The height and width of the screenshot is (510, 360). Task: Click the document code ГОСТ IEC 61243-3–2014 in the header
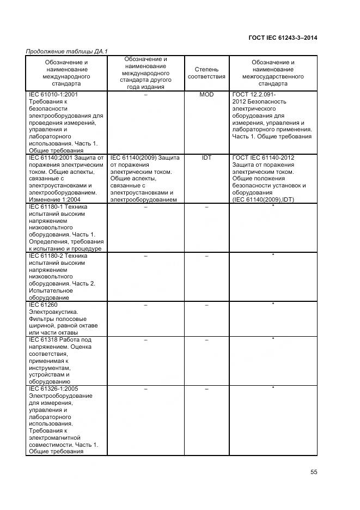coord(283,38)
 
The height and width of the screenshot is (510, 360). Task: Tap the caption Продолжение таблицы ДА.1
coord(67,52)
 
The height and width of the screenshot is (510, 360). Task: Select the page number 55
coord(314,472)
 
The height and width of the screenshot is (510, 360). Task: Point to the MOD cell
coord(206,95)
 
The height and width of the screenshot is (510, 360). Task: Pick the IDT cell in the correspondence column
coord(206,157)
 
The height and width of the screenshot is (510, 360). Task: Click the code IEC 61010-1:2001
coord(53,95)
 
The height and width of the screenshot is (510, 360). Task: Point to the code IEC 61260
coord(42,305)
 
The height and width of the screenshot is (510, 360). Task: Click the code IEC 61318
coord(42,339)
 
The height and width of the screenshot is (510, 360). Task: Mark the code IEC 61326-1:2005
coord(53,388)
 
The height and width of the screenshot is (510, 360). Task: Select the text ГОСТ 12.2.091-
coord(254,95)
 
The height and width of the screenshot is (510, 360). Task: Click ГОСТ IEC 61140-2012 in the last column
coord(263,157)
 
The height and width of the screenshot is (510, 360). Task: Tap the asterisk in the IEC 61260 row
coord(273,305)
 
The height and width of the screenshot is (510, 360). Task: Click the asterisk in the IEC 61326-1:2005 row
coord(273,388)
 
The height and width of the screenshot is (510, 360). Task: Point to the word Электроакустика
coord(51,312)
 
